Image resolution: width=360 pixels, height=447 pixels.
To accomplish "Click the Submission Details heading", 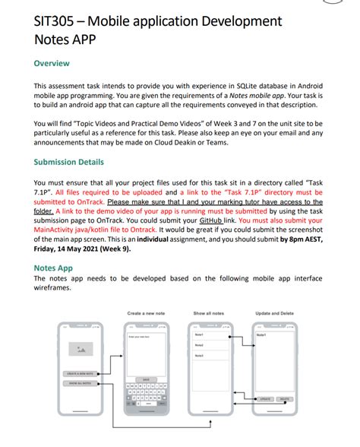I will pyautogui.click(x=69, y=162).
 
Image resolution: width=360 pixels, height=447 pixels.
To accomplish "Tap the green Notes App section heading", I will pyautogui.click(x=53, y=268).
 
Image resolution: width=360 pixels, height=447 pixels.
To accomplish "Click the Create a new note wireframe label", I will pyautogui.click(x=146, y=313).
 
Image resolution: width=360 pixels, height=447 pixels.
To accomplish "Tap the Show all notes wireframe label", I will pyautogui.click(x=208, y=313).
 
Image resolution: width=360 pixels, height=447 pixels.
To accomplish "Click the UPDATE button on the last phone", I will pyautogui.click(x=265, y=398).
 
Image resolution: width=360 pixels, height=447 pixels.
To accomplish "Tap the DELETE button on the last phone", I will pyautogui.click(x=284, y=398).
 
